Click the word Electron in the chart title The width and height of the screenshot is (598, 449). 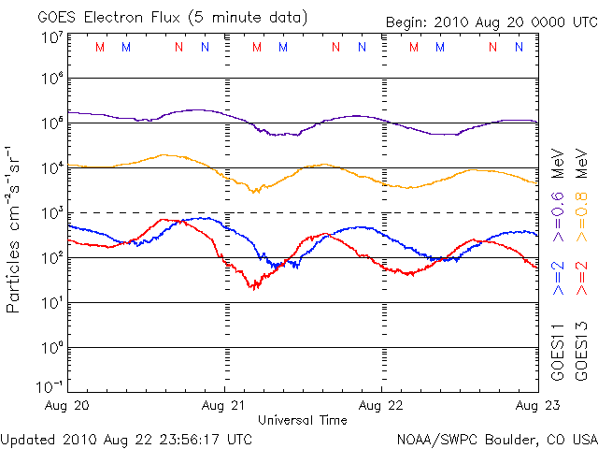124,17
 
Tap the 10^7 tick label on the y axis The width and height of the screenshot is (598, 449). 51,37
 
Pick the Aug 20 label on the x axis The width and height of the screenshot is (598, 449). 67,405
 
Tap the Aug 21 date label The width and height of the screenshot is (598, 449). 225,405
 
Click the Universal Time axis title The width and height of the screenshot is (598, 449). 302,420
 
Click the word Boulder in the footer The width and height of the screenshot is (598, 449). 514,438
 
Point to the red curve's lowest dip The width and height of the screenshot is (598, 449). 252,286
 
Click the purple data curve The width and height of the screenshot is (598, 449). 187,110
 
